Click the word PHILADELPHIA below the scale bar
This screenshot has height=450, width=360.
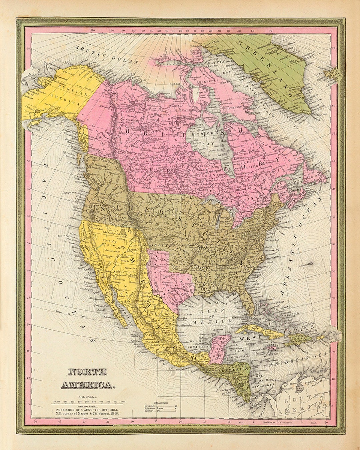tap(86, 406)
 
